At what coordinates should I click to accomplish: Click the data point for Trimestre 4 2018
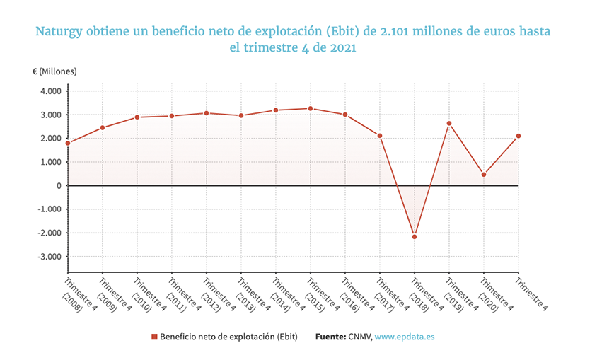click(415, 236)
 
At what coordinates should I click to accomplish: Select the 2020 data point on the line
click(484, 175)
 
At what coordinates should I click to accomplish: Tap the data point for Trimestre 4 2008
click(68, 143)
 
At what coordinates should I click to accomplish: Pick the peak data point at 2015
click(311, 108)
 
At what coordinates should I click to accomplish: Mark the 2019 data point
click(449, 123)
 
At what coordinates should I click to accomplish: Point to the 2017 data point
click(380, 136)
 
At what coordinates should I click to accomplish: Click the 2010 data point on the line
click(137, 117)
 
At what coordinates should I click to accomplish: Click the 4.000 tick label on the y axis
click(50, 91)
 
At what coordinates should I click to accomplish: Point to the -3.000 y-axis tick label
click(49, 257)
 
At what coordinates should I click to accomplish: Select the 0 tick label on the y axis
click(59, 186)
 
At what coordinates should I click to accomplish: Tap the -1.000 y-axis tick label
click(49, 209)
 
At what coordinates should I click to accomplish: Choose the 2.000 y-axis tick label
click(50, 139)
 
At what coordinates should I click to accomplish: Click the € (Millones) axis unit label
click(54, 71)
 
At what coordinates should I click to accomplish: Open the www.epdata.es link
click(404, 337)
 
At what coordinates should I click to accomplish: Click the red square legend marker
click(155, 337)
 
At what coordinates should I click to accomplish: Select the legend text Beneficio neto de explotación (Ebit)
click(229, 337)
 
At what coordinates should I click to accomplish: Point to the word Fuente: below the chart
click(330, 337)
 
